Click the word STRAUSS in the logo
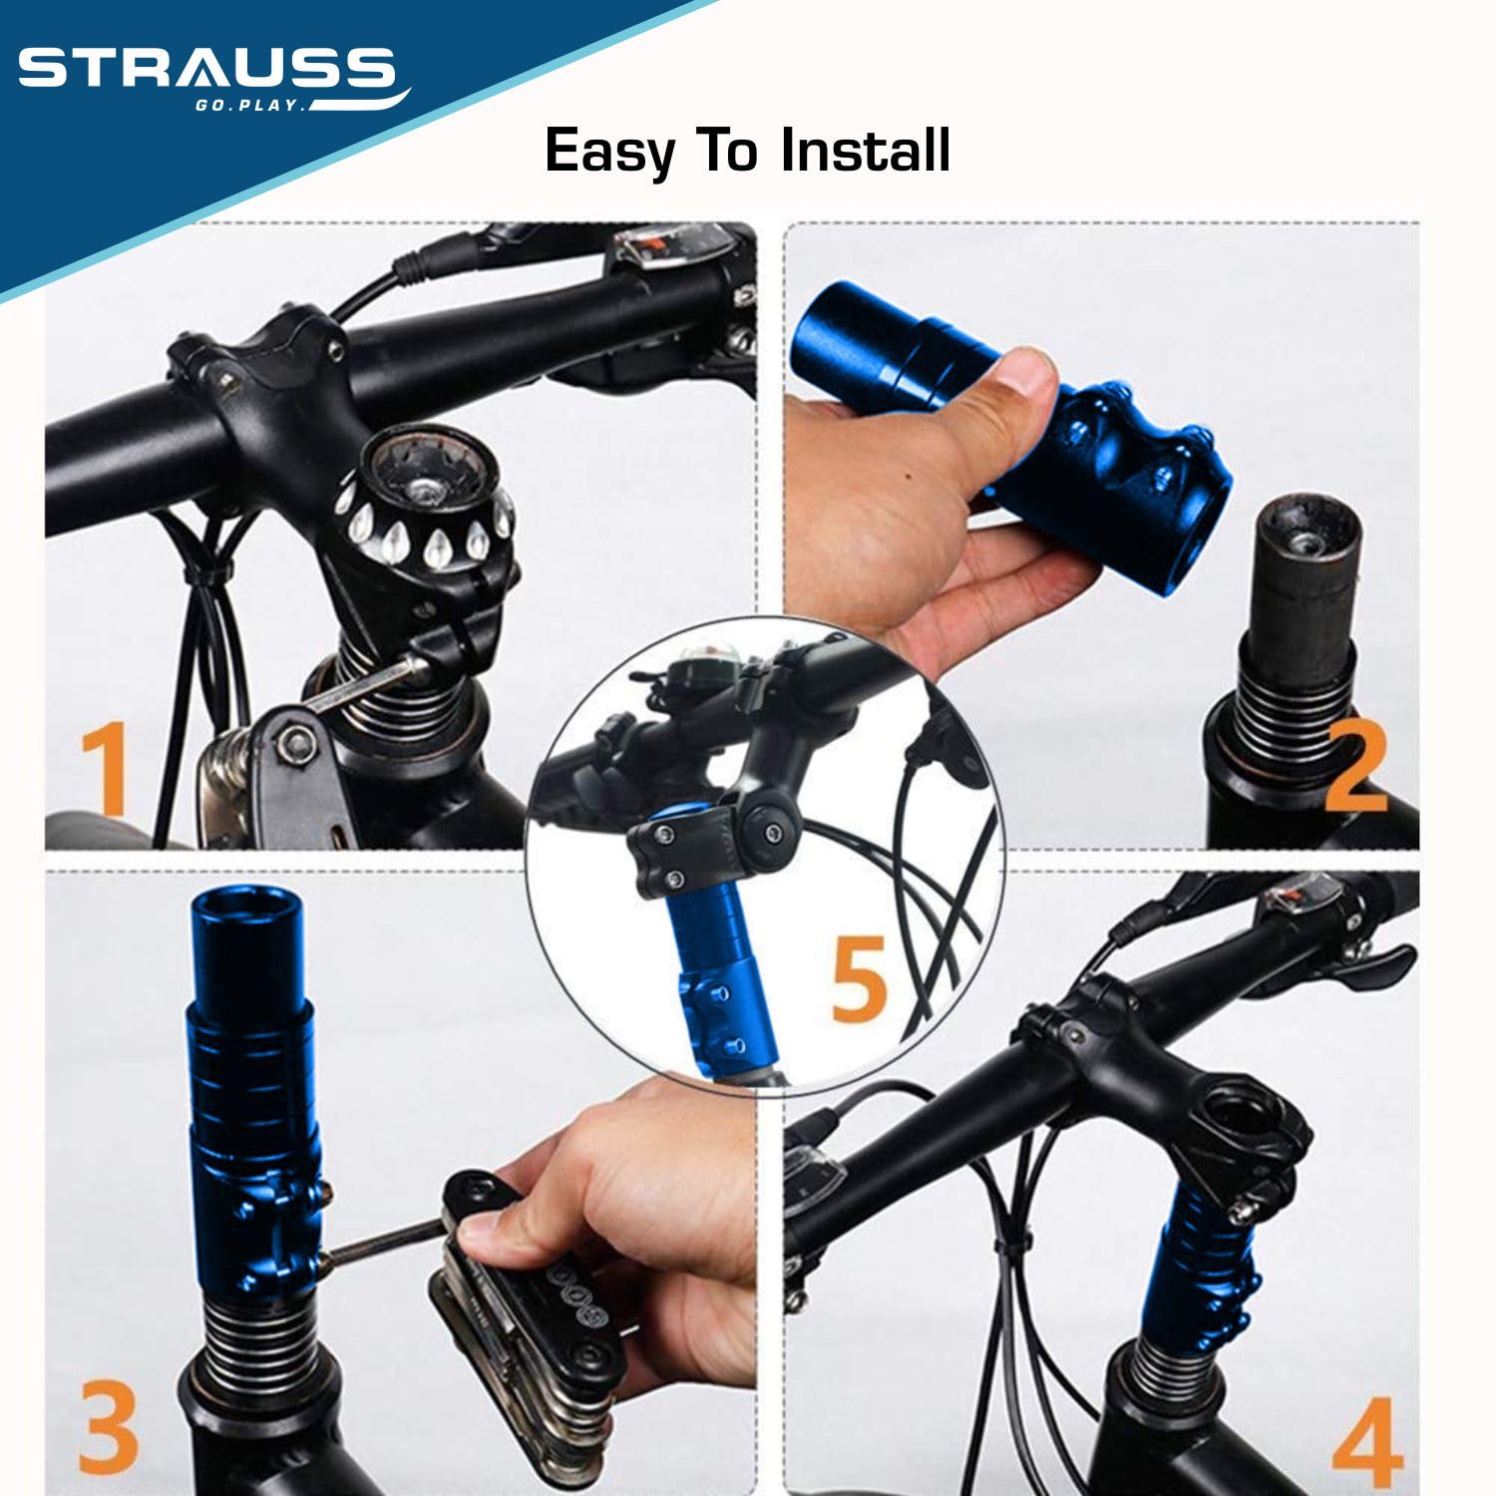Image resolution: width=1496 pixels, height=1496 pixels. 206,69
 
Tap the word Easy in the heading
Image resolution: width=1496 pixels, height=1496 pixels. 609,152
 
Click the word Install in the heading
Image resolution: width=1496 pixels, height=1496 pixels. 865,150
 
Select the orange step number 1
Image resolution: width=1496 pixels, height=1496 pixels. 105,770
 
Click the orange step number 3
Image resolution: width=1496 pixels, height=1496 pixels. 108,1427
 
